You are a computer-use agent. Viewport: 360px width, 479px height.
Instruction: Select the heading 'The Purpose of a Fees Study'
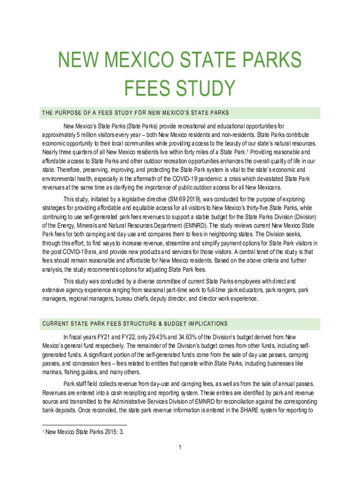pos(135,113)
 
